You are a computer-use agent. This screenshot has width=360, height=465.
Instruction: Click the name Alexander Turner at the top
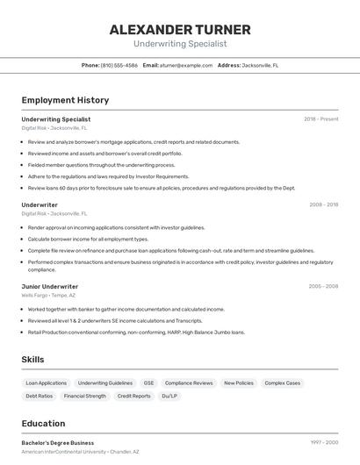pos(179,29)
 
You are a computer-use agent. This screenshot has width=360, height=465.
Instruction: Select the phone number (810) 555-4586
pos(119,65)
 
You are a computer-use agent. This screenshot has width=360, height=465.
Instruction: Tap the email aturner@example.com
pos(186,65)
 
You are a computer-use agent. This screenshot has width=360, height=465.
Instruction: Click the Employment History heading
pos(65,100)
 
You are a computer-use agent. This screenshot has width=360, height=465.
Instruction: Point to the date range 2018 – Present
pos(321,118)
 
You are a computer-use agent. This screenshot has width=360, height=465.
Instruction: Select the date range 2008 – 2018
pos(323,204)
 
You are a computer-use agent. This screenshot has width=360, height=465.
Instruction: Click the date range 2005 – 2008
pos(323,286)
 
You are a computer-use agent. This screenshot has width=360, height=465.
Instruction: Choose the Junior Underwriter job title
pos(50,286)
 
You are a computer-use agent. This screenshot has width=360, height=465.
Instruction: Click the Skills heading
pos(33,360)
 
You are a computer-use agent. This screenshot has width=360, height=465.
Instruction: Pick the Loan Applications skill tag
pos(47,383)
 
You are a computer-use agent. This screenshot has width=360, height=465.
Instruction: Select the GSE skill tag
pos(148,383)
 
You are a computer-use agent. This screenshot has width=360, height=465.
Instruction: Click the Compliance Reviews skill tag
pos(189,383)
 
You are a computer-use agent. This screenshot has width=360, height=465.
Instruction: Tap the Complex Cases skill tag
pos(282,383)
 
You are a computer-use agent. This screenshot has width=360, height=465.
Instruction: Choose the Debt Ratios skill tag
pos(40,396)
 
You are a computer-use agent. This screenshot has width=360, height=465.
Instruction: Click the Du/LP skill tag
pos(169,396)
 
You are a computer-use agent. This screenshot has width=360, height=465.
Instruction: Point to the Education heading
pos(44,424)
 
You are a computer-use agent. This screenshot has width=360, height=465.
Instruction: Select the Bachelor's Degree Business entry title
pos(58,443)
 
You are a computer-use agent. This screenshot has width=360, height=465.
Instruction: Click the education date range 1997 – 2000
pos(323,443)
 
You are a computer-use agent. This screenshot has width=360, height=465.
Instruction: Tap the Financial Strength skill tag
pos(85,396)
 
